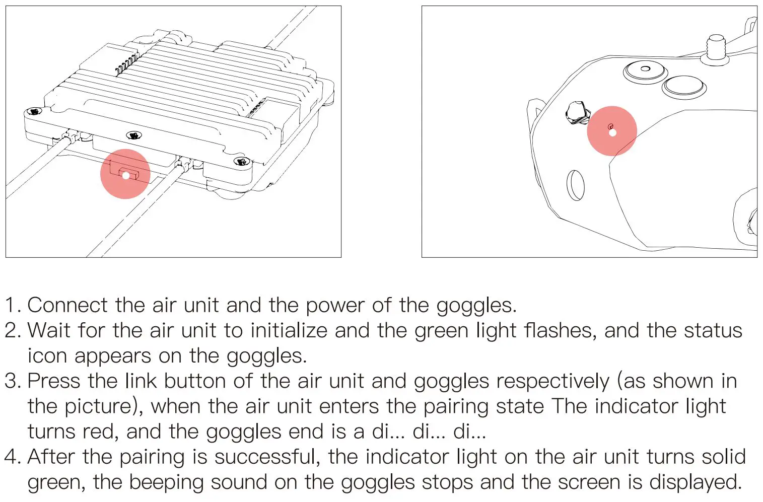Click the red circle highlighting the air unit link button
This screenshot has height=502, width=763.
click(125, 174)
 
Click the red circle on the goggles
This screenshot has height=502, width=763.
click(612, 131)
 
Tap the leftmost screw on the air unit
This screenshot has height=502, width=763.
click(34, 111)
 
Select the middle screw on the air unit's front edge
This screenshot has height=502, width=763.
click(133, 135)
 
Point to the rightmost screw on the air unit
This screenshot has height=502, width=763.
click(242, 161)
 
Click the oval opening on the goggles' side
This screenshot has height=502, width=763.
click(576, 185)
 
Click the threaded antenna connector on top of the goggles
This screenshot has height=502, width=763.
click(716, 49)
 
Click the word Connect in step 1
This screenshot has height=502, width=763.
click(67, 305)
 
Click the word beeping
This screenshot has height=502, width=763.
click(166, 482)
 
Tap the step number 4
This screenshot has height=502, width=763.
click(12, 457)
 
